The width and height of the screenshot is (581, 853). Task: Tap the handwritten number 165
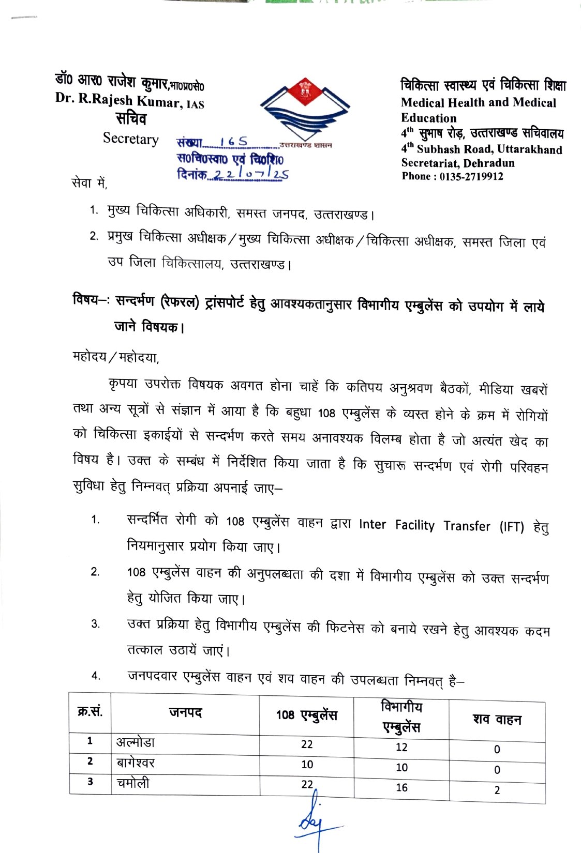tap(233, 142)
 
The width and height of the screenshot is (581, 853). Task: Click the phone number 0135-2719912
tap(471, 176)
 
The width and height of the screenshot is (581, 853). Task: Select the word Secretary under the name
tap(130, 139)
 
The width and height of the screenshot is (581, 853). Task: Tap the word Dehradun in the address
tap(489, 163)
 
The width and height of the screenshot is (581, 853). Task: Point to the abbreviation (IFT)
tap(512, 527)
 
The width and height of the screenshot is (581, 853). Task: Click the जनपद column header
tap(185, 713)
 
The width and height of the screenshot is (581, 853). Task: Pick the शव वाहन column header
tap(497, 720)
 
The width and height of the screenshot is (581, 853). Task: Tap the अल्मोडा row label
tap(136, 742)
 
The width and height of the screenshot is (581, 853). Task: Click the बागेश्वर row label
tap(135, 763)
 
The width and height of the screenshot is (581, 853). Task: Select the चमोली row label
tap(133, 783)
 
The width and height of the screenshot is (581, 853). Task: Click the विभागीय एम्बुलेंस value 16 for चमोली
tap(401, 787)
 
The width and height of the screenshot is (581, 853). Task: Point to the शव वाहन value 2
tap(497, 790)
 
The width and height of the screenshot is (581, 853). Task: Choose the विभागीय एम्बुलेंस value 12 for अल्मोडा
tap(401, 747)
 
